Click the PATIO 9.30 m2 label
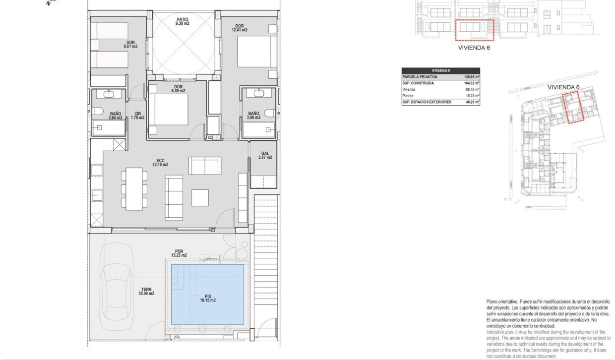pyautogui.click(x=182, y=21)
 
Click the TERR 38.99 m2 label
pyautogui.click(x=147, y=291)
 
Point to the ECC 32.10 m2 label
pyautogui.click(x=161, y=162)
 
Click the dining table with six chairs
pyautogui.click(x=134, y=189)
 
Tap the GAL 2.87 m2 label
pyautogui.click(x=265, y=155)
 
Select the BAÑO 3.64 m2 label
pyautogui.click(x=116, y=116)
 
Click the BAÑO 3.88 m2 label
pyautogui.click(x=253, y=116)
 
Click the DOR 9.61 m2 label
pyautogui.click(x=130, y=45)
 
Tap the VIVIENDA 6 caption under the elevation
pyautogui.click(x=475, y=49)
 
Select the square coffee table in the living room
pyautogui.click(x=200, y=197)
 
